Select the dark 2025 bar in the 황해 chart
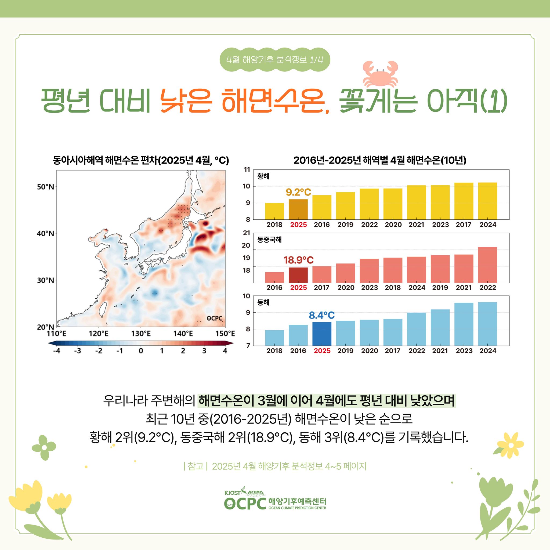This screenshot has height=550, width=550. [x=298, y=209]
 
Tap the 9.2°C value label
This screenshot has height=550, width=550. [x=298, y=193]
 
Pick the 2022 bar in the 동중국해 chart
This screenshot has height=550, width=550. [x=487, y=265]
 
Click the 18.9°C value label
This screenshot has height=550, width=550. [x=298, y=260]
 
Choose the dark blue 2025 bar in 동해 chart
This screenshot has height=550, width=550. [x=322, y=334]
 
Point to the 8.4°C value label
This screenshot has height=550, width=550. [x=322, y=315]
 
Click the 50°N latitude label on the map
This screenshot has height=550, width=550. [x=46, y=187]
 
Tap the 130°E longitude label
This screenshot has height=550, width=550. [x=141, y=333]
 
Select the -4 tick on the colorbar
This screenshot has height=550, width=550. [x=57, y=351]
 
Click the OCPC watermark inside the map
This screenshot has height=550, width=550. [x=214, y=318]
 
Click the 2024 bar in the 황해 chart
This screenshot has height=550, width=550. [x=487, y=201]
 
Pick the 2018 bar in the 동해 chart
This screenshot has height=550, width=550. [x=274, y=338]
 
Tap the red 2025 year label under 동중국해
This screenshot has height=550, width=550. [x=298, y=288]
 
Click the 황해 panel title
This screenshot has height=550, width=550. [x=263, y=176]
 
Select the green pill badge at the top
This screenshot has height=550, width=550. [x=275, y=60]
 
